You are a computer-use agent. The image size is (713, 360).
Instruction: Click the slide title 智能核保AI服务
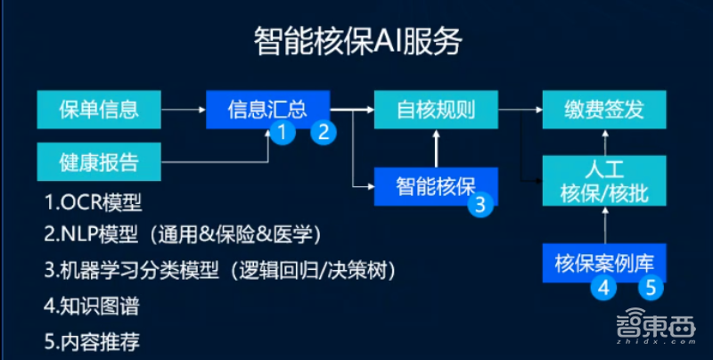[357, 42]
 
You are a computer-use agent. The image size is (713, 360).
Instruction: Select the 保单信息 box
[99, 110]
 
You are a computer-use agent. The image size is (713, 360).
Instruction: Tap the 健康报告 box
[99, 163]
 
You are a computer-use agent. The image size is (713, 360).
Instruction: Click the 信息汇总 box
[267, 109]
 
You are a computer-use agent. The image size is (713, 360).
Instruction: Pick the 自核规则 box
[436, 110]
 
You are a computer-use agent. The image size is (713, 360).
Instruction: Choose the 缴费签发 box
[603, 110]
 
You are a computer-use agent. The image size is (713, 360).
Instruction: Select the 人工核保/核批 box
[603, 181]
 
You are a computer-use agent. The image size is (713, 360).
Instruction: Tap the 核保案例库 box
[603, 263]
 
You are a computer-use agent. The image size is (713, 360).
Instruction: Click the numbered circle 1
[283, 134]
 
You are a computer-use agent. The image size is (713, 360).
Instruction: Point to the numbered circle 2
[324, 134]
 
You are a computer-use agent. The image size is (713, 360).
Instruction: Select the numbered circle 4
[602, 288]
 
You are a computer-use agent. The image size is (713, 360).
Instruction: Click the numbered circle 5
[651, 288]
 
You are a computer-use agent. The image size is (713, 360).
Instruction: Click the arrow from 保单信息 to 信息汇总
[184, 110]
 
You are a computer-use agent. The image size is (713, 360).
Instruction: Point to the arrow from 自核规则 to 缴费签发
[520, 110]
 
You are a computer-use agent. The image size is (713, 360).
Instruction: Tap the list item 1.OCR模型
[93, 201]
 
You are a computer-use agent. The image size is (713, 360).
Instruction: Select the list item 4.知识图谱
[91, 307]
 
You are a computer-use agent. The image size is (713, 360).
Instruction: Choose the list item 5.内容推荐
[91, 340]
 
